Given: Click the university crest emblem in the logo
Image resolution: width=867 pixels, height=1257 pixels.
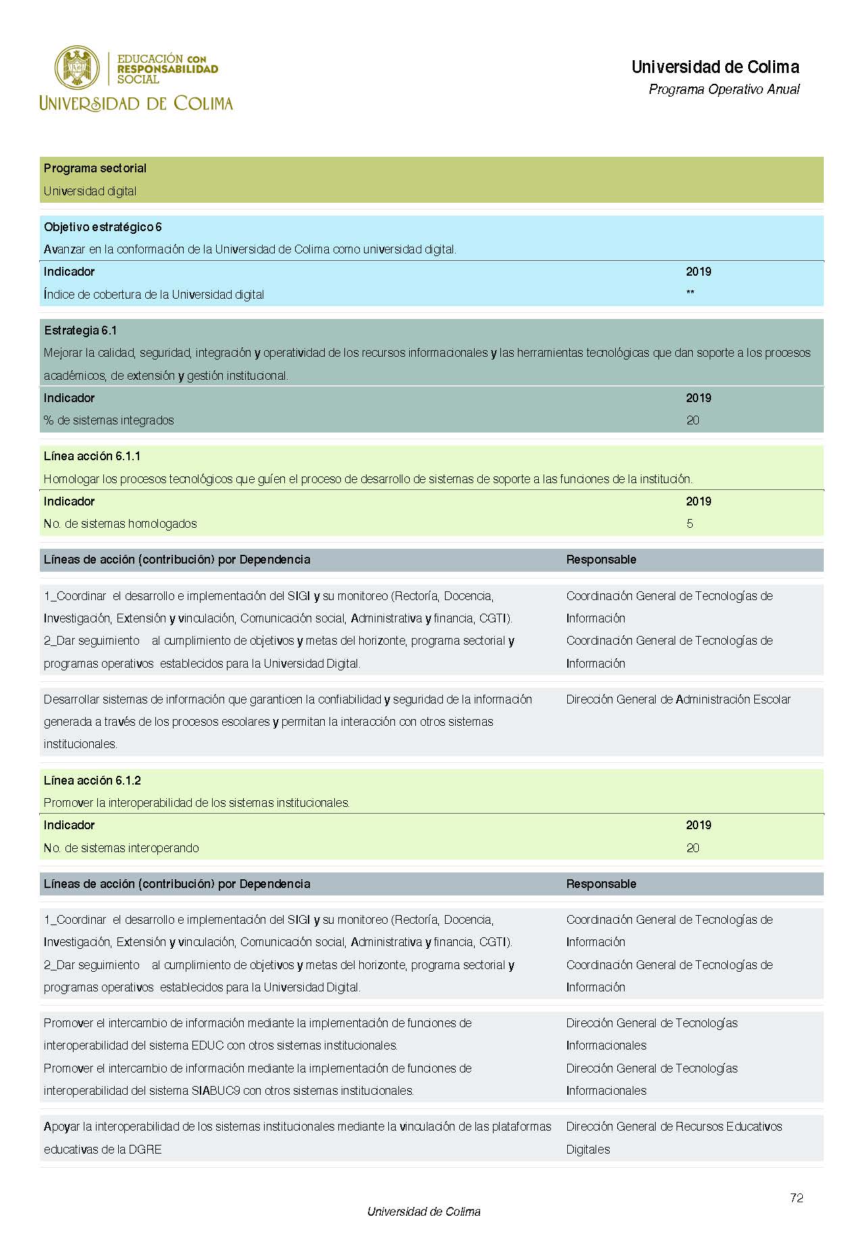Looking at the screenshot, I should coord(76,68).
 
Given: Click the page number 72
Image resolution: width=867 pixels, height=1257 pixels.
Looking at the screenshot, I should coord(796,1198).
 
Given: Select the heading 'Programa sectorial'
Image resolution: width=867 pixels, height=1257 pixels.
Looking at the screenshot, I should coord(95,168).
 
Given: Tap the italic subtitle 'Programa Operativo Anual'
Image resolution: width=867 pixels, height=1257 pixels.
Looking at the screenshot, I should coord(724,89).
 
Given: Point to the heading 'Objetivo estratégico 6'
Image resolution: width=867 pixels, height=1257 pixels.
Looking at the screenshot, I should coord(103,227).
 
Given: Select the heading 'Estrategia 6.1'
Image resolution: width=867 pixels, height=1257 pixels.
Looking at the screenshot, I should coord(80,330).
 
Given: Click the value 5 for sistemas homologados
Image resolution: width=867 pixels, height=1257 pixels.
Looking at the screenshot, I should coord(689,524).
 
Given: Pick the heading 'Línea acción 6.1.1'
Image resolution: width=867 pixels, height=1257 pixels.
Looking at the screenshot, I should coord(93,456).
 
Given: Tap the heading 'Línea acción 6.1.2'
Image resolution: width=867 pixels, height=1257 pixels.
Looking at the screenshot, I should coord(93,781).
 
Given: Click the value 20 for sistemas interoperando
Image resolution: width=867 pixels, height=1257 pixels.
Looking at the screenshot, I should coord(693,848).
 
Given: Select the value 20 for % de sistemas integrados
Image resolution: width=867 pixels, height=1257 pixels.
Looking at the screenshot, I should coord(693,420).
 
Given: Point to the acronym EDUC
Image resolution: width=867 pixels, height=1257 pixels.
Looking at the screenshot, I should coord(207,1045).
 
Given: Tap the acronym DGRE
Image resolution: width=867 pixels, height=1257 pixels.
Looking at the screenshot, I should coord(145,1150).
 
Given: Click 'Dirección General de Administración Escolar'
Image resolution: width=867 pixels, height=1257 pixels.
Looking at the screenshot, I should coord(678,699).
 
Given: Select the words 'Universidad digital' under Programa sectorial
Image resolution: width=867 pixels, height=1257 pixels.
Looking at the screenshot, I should coord(90,191).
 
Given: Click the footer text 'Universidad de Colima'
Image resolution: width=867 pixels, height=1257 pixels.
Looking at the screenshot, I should coord(424,1212).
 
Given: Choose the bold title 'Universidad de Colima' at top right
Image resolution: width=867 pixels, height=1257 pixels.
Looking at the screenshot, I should coord(715,67).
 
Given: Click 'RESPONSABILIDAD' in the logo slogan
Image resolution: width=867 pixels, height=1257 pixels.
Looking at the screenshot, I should coord(167,69).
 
